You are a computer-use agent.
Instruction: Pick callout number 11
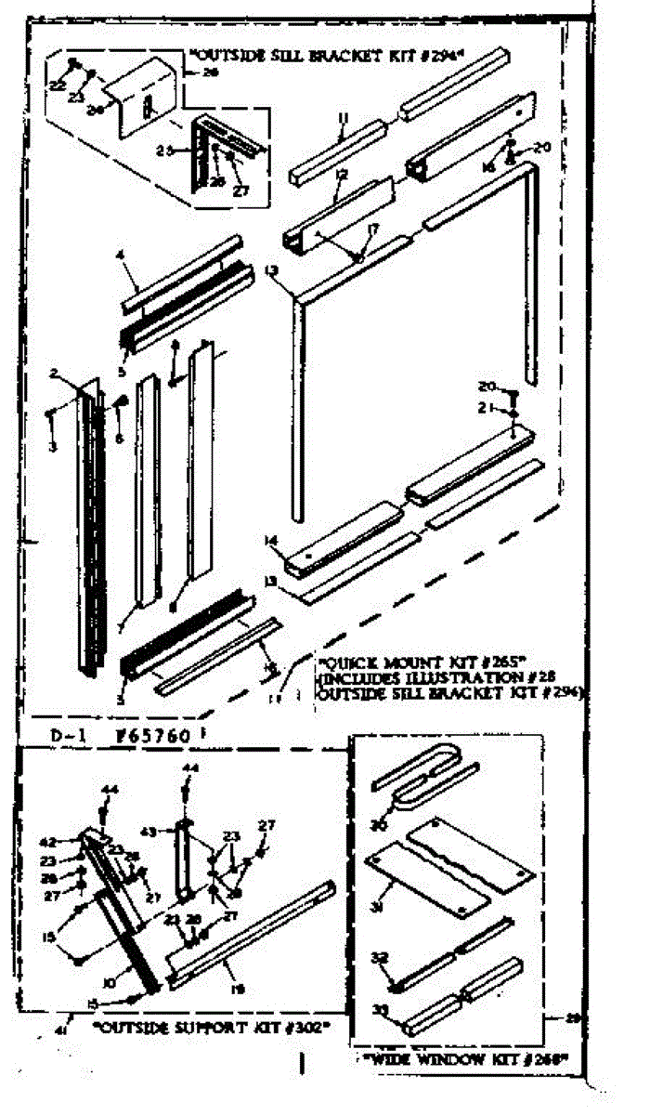tap(343, 117)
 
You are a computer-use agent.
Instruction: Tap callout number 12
tap(341, 175)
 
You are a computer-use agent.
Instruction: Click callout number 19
tap(238, 990)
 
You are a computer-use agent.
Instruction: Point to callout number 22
tap(58, 85)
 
